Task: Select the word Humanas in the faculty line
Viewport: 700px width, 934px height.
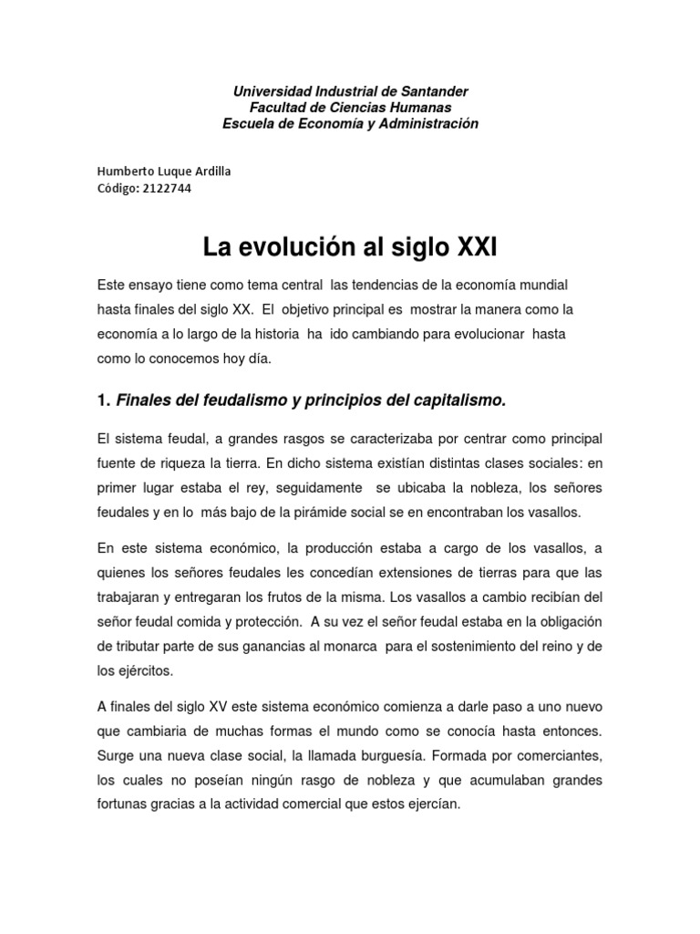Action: [426, 108]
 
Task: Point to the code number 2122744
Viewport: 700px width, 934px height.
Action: [168, 189]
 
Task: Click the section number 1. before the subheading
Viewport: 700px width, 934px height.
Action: [104, 400]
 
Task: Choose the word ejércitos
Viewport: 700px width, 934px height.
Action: [140, 670]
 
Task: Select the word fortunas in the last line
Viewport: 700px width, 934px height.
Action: [125, 805]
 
